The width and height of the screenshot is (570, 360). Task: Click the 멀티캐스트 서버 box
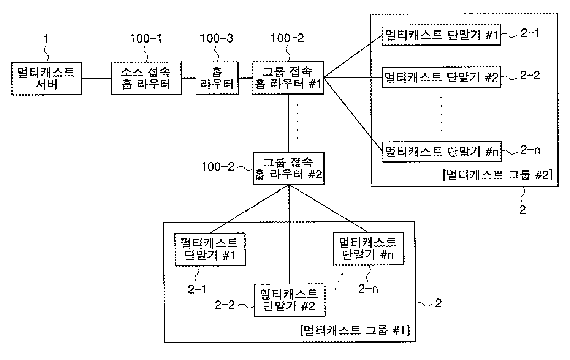(47, 78)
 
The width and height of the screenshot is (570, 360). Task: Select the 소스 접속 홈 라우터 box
(146, 78)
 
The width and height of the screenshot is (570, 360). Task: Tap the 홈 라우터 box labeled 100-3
(217, 78)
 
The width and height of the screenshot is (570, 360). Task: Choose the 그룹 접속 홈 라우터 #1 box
(288, 78)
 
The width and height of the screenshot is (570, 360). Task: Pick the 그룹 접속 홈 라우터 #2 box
(289, 169)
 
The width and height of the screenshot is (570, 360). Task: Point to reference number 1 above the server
(46, 38)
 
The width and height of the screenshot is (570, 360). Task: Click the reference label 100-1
(146, 38)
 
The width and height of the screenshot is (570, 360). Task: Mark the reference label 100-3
(217, 38)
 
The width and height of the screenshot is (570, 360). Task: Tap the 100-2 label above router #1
(287, 38)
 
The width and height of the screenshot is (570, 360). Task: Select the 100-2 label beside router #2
(218, 166)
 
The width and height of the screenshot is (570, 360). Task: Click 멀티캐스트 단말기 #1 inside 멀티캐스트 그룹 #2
(441, 35)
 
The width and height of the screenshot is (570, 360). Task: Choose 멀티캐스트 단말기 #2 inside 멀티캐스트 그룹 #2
(441, 77)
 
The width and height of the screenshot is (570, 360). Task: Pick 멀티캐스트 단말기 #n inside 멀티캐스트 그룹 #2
(442, 152)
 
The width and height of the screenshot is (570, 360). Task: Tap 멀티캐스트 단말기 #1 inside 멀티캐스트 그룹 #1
(210, 249)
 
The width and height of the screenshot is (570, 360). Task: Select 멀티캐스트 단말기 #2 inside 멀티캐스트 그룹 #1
(290, 300)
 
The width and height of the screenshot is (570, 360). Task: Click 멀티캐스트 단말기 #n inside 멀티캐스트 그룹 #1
(368, 249)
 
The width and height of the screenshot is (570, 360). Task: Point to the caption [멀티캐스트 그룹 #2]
(497, 175)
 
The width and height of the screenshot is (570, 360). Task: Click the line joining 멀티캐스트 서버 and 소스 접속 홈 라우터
(97, 79)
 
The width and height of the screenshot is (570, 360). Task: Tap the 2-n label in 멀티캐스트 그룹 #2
(530, 150)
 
